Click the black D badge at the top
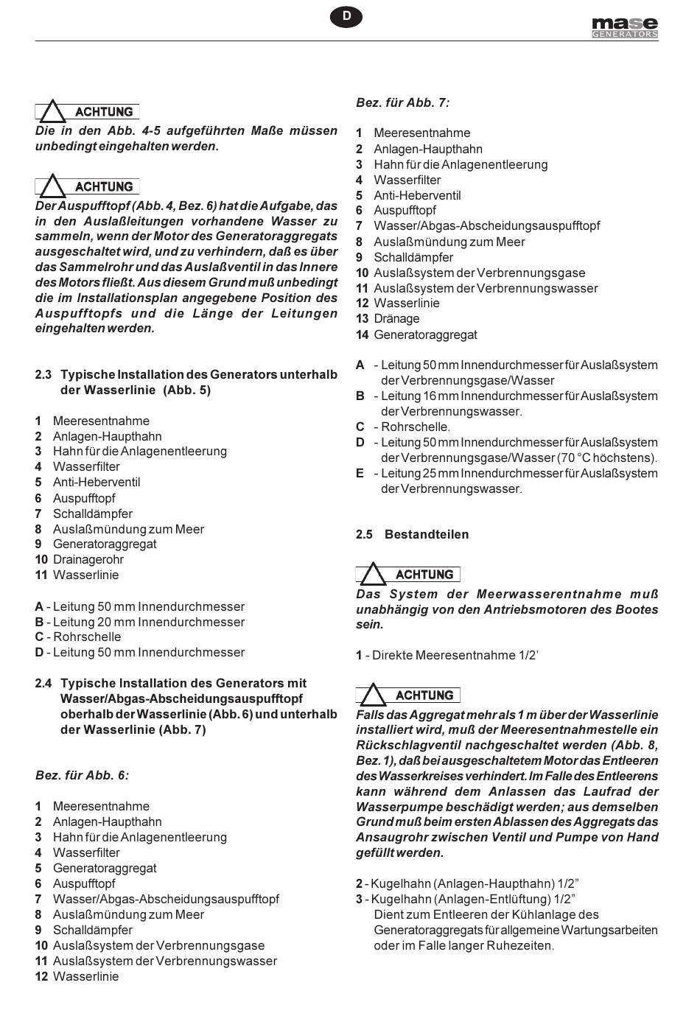click(346, 16)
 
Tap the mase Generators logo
click(625, 27)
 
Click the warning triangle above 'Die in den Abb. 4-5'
click(52, 112)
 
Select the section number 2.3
click(43, 374)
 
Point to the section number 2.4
click(43, 683)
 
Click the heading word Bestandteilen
click(427, 534)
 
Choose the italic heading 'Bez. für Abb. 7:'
click(402, 102)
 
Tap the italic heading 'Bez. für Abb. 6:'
click(82, 775)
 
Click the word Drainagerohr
click(88, 559)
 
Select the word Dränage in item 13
click(396, 318)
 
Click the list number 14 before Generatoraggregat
click(362, 334)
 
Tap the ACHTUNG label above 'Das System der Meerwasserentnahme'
click(424, 575)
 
